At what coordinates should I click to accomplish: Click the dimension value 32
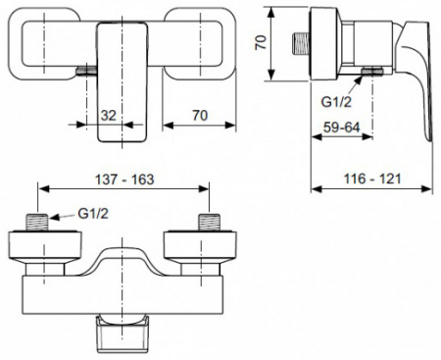point(109,116)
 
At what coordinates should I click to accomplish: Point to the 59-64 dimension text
point(341,127)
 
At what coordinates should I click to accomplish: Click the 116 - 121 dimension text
point(372,179)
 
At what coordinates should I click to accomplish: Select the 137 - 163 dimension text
point(124,180)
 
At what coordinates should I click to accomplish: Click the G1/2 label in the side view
point(336,102)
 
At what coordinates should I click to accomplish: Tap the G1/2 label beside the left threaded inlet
point(93,214)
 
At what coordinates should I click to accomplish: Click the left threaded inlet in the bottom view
point(37,223)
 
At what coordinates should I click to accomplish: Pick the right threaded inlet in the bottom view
point(209,223)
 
